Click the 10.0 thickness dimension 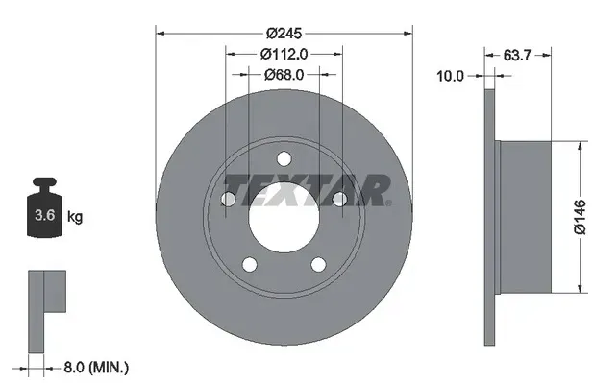450,75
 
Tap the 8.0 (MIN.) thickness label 97,367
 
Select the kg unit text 75,218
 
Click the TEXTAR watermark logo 308,190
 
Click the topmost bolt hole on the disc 284,159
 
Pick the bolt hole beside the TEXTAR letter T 228,200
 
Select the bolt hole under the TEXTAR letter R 339,200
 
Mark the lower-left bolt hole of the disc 249,265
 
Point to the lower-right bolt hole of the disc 318,265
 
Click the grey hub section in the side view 525,218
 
